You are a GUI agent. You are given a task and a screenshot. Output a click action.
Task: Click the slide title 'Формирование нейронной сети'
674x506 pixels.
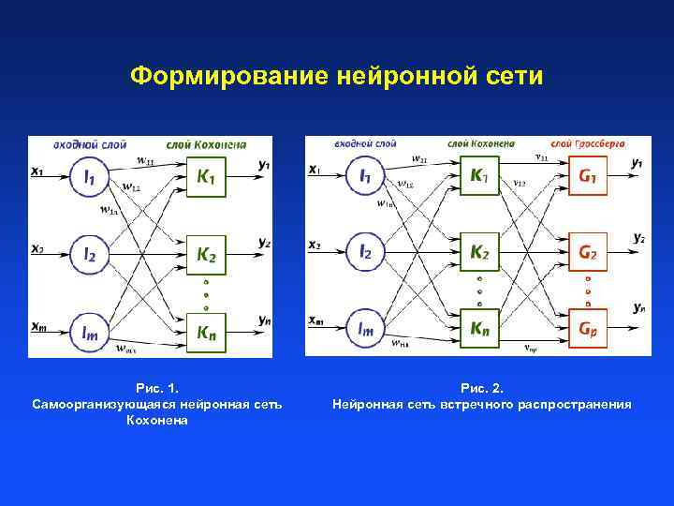click(336, 75)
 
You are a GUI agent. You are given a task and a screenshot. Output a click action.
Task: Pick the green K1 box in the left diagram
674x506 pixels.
click(212, 177)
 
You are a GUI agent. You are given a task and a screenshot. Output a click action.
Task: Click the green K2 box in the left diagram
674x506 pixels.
click(212, 253)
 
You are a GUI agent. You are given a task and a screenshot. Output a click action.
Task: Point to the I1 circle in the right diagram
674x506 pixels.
click(365, 175)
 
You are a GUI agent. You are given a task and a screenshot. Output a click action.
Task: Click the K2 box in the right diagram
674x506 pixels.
click(478, 252)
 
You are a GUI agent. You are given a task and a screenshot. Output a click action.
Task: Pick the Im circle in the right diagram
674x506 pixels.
click(365, 328)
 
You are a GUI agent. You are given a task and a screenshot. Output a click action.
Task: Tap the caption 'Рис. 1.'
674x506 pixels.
click(156, 388)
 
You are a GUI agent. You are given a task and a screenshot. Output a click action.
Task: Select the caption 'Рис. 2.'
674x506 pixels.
click(481, 388)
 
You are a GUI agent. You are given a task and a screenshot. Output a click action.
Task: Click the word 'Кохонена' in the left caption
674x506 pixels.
click(156, 420)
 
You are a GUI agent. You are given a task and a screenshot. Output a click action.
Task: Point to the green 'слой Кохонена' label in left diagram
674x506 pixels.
click(206, 144)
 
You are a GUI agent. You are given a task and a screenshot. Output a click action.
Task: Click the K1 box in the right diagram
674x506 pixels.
click(478, 175)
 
